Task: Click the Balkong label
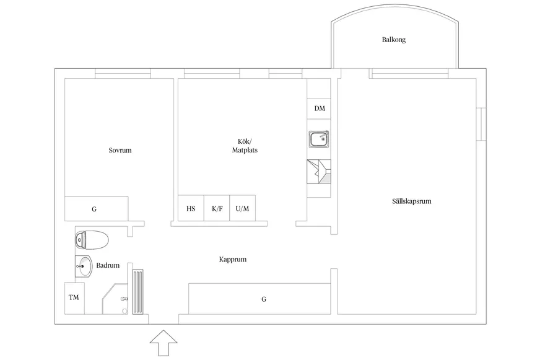point(394,40)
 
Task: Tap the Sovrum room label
point(120,150)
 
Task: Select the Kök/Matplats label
point(245,146)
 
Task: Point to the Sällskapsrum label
point(412,201)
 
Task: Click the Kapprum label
point(233,260)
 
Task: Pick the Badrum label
point(108,265)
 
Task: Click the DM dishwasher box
point(319,108)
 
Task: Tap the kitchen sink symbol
point(318,139)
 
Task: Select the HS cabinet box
point(191,208)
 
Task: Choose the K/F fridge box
point(217,208)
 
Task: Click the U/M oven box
point(243,208)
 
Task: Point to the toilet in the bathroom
point(92,240)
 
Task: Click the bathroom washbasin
point(84,266)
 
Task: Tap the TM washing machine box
point(74,298)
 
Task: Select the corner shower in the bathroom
point(115,299)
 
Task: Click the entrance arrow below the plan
point(163,343)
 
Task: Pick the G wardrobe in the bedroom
point(97,209)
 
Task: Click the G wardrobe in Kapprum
point(259,299)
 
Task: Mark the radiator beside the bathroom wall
point(137,292)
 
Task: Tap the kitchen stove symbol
point(319,171)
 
